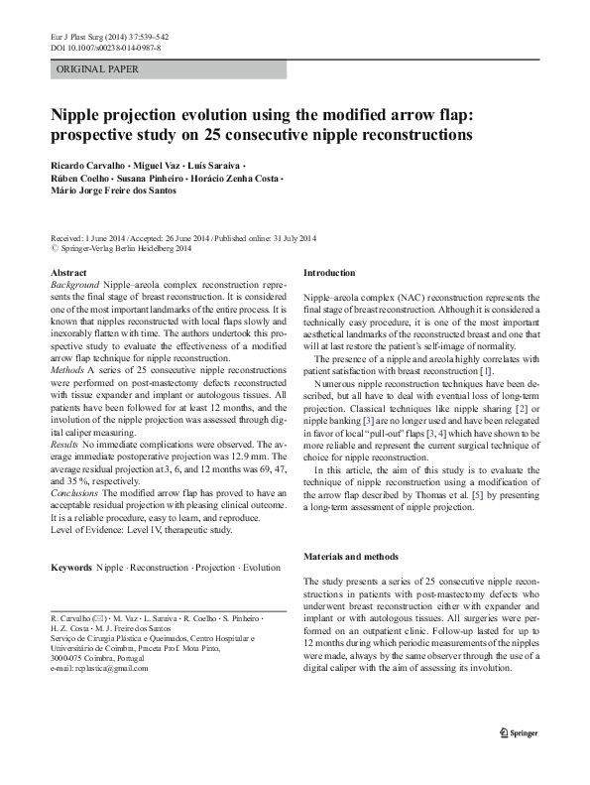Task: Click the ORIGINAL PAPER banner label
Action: click(x=97, y=69)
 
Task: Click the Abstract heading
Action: click(x=68, y=271)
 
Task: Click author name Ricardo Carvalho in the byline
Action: click(x=87, y=162)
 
